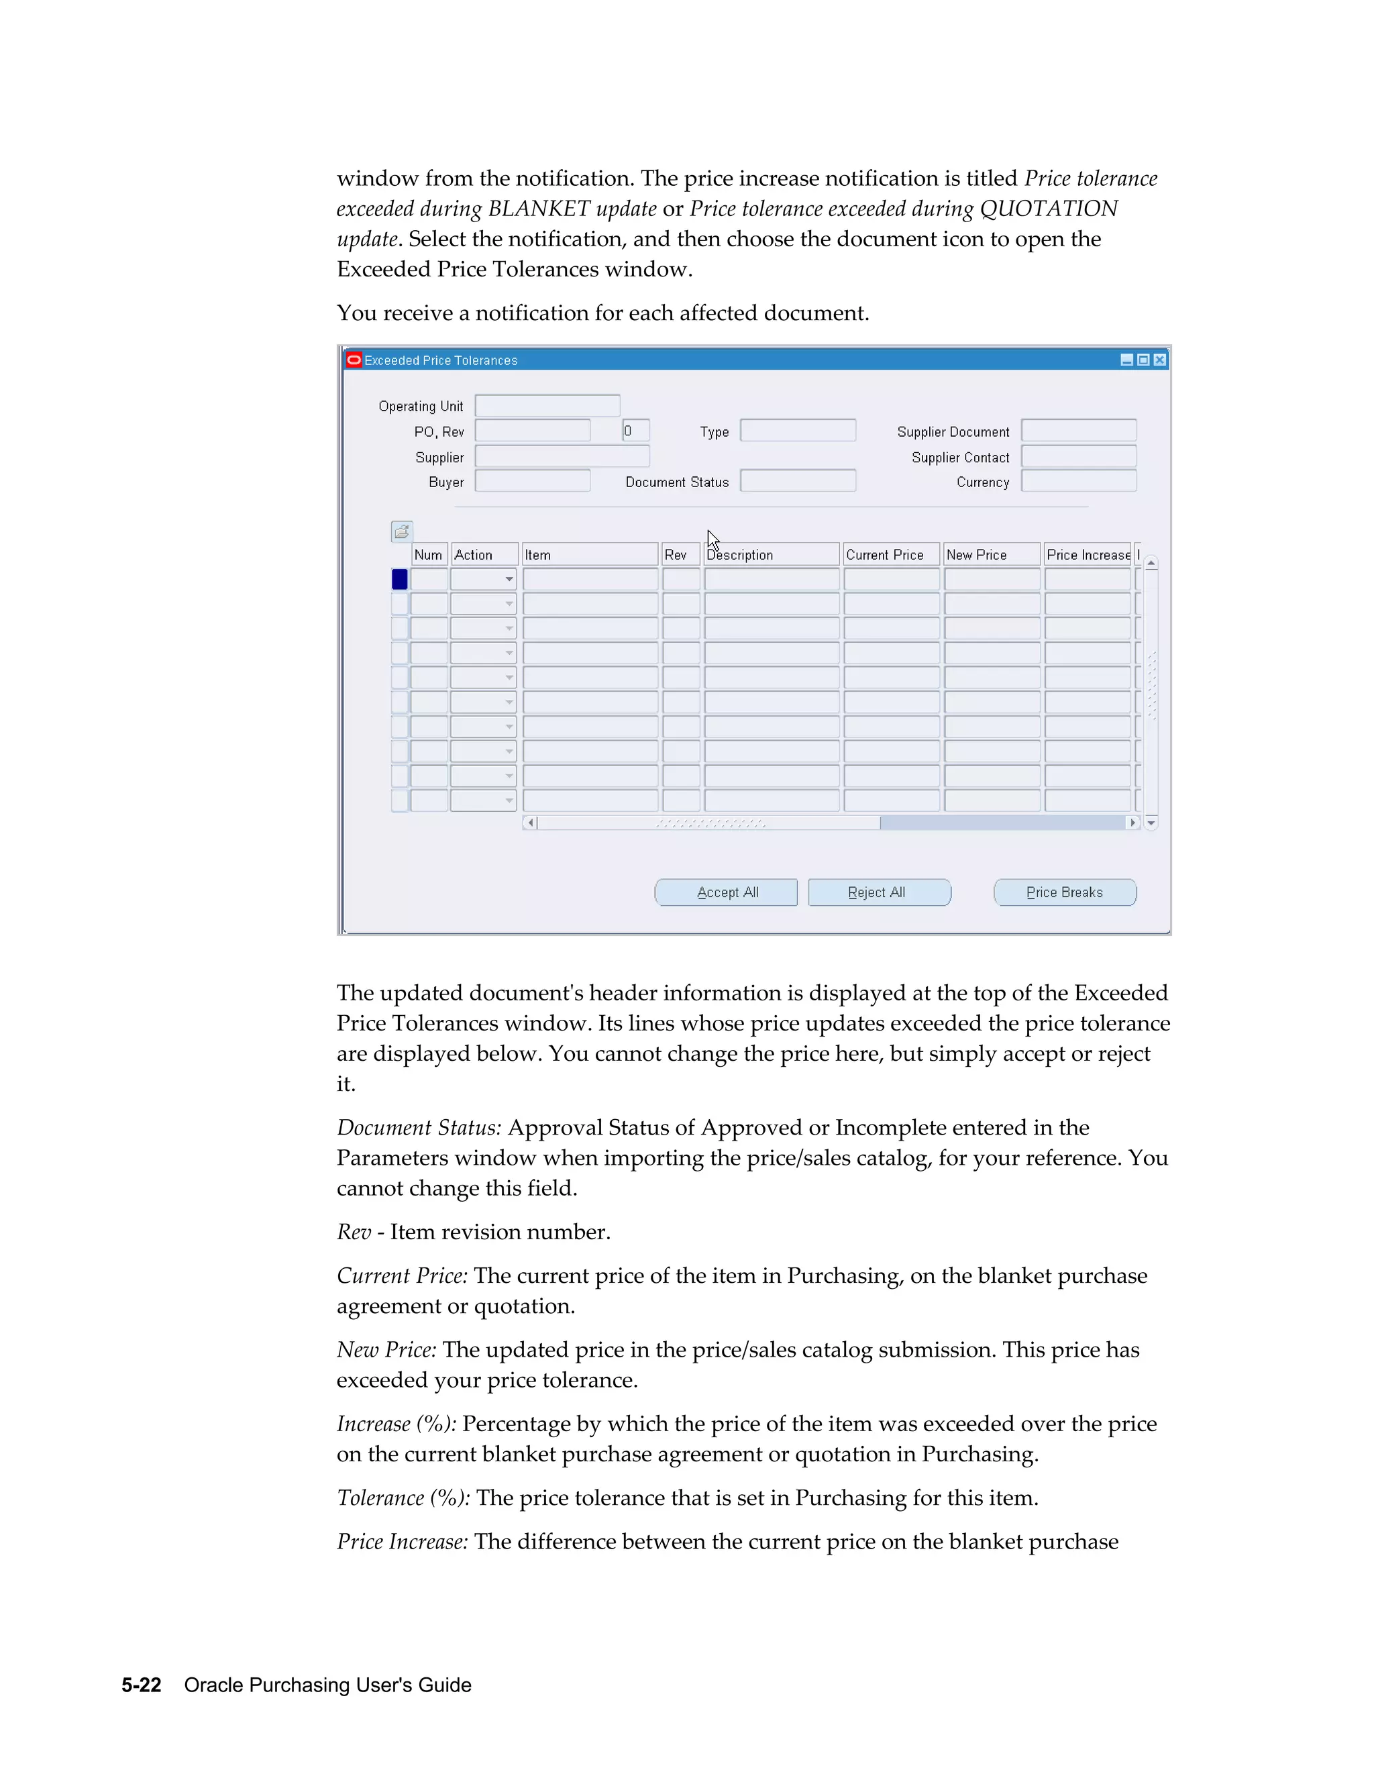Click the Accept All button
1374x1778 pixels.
(726, 892)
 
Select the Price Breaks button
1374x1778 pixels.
(1065, 892)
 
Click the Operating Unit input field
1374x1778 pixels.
(547, 405)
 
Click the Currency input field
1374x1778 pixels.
(1079, 481)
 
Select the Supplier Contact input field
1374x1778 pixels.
(1079, 457)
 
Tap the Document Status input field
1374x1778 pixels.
(798, 481)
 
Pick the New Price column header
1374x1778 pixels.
(992, 554)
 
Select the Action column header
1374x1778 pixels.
(484, 554)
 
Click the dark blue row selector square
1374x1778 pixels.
(400, 579)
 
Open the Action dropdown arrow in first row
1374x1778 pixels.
(509, 580)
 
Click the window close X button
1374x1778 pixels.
(1160, 360)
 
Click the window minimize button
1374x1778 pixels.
(1126, 360)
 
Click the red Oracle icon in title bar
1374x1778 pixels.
(354, 360)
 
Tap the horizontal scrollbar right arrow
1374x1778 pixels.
(1132, 823)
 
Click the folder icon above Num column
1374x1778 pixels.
(402, 531)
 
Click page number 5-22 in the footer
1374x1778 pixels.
(142, 1684)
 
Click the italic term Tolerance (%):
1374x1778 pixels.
(403, 1498)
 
